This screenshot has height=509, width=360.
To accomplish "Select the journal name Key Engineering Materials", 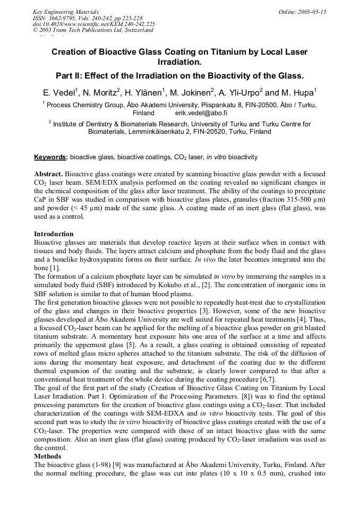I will pyautogui.click(x=66, y=12).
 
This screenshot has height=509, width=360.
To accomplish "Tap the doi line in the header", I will pyautogui.click(x=93, y=24).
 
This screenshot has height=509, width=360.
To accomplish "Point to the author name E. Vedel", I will pyautogui.click(x=59, y=91).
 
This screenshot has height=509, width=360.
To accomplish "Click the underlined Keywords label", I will pyautogui.click(x=50, y=157).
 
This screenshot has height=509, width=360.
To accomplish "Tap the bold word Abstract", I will pyautogui.click(x=48, y=174).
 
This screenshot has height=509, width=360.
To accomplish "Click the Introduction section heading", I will pyautogui.click(x=54, y=234).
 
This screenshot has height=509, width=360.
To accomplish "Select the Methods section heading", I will pyautogui.click(x=47, y=456).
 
